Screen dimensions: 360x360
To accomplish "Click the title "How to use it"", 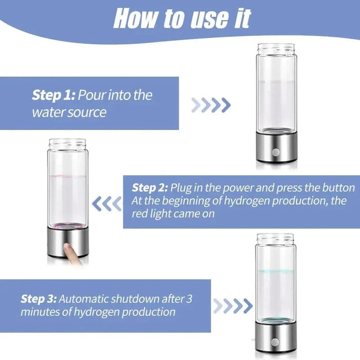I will click(182, 19).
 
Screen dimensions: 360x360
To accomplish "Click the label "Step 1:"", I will click(54, 95).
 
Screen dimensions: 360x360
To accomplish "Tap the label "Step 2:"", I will click(150, 187).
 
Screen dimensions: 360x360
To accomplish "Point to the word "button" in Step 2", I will click(338, 187).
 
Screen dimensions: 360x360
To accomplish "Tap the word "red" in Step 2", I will click(140, 214).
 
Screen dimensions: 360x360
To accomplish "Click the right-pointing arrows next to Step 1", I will click(211, 105).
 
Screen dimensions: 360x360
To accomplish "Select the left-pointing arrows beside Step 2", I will click(107, 204).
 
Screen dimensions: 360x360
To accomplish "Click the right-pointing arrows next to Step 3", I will click(232, 306).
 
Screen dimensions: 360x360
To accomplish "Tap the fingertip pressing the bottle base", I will click(69, 249).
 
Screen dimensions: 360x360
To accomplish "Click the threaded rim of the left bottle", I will click(67, 144).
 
